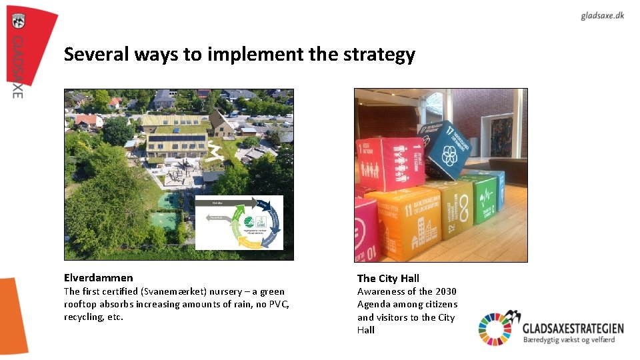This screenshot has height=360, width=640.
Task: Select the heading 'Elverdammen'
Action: [x=98, y=278]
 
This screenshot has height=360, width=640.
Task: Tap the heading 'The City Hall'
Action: [x=388, y=279]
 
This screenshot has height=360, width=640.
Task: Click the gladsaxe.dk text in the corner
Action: [x=602, y=16]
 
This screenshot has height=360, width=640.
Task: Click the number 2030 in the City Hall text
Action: [x=445, y=291]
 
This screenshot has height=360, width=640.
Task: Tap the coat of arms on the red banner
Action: [x=18, y=21]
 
